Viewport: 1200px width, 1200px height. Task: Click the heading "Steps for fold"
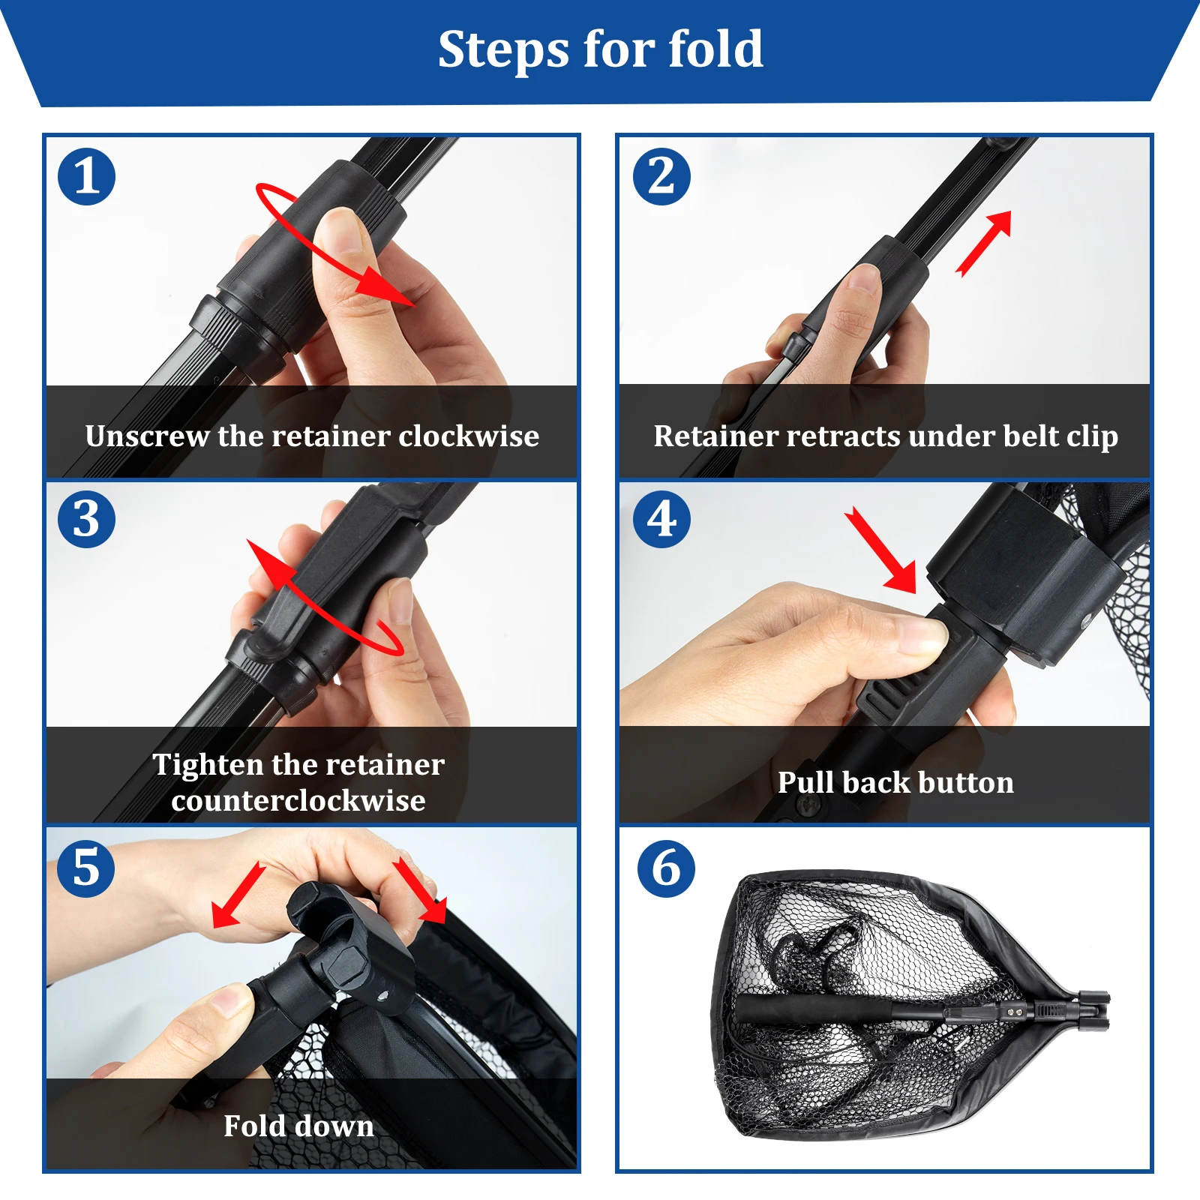tap(601, 49)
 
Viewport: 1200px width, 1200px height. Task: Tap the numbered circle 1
tap(87, 177)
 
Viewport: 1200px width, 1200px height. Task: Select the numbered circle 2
tap(661, 177)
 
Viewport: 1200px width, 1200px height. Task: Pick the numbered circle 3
tap(87, 519)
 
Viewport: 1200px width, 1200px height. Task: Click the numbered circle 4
tap(661, 519)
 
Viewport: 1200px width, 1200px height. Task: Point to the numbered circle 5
tap(86, 868)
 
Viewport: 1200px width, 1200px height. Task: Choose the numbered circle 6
tap(666, 868)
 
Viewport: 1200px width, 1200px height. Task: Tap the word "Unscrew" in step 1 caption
tap(147, 436)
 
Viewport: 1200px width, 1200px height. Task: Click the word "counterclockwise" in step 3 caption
tap(298, 800)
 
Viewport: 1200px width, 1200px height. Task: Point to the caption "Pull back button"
tap(895, 782)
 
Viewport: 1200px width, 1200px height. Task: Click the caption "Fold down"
tap(298, 1126)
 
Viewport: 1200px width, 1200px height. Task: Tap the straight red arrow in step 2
tap(984, 244)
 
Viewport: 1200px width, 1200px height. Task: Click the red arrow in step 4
tap(881, 550)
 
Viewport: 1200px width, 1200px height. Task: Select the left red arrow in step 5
tap(239, 895)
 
